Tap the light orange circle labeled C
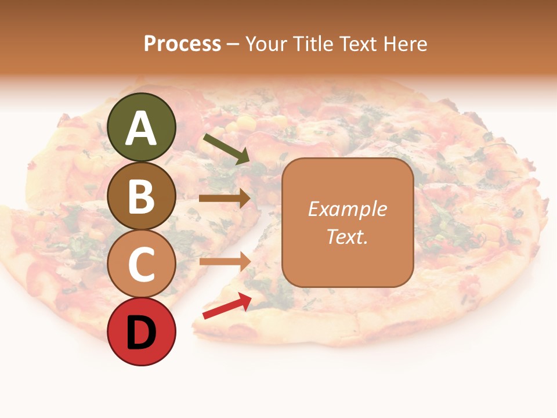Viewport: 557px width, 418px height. (x=142, y=264)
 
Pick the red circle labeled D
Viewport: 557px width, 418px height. (x=142, y=332)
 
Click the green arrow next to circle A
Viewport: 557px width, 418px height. (x=226, y=148)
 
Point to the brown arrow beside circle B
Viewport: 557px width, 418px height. (x=225, y=199)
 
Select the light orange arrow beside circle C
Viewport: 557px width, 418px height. (x=225, y=261)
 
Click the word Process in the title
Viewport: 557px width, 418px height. (x=182, y=44)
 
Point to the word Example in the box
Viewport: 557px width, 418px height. (x=348, y=209)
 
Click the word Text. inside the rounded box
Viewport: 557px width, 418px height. (x=348, y=236)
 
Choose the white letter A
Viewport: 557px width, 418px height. (x=142, y=129)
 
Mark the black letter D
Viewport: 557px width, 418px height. (x=142, y=333)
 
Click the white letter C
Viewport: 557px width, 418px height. (x=142, y=265)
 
